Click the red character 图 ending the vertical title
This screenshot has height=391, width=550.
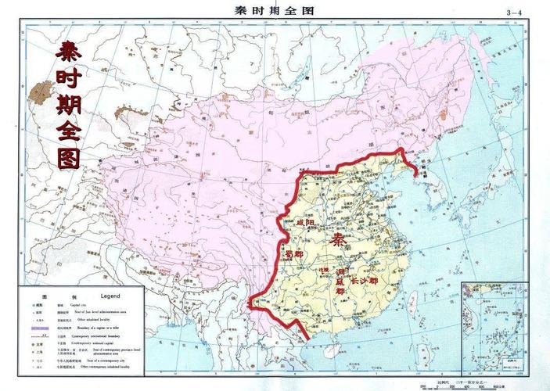[69, 156]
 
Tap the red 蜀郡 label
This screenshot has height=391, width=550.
[293, 255]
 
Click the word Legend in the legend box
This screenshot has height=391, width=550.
[110, 297]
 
